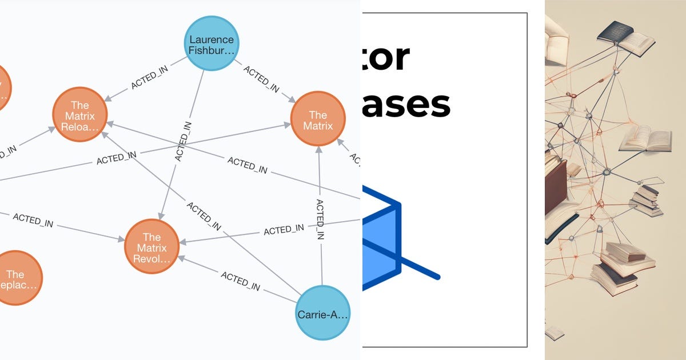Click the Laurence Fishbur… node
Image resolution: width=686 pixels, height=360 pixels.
[x=212, y=44]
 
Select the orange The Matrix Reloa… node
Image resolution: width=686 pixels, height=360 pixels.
[x=80, y=115]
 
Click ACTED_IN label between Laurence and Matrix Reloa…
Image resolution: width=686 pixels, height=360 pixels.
[x=149, y=80]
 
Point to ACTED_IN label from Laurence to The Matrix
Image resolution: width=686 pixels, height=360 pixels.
[x=262, y=79]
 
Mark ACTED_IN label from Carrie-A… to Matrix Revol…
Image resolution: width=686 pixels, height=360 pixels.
[x=241, y=281]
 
